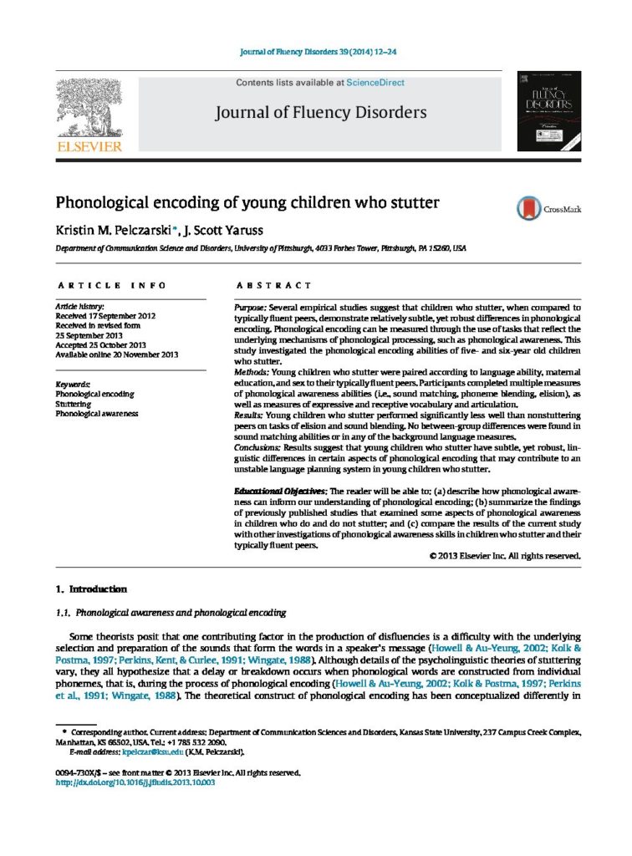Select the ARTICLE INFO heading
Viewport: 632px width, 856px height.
(x=110, y=286)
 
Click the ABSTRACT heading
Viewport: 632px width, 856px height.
(x=264, y=286)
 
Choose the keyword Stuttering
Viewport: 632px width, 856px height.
(x=74, y=402)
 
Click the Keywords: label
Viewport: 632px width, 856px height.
(x=73, y=384)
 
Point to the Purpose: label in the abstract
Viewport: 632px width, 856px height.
(x=252, y=308)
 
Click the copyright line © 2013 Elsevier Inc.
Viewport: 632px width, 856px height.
(x=505, y=555)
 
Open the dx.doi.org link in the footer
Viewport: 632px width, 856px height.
(x=135, y=782)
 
